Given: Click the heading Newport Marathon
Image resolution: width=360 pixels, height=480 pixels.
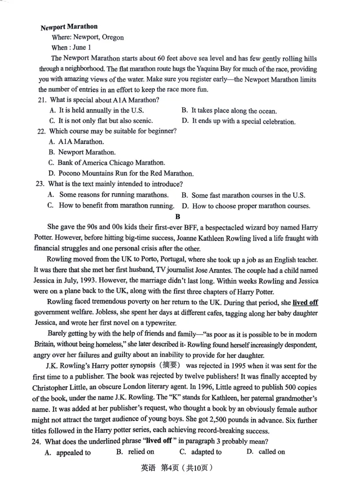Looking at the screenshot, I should click(69, 27).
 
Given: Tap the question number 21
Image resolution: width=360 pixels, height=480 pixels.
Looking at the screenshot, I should click(42, 99).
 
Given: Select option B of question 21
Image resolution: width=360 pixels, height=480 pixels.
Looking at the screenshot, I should click(229, 111).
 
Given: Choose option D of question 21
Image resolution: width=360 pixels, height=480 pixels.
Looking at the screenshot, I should click(238, 121).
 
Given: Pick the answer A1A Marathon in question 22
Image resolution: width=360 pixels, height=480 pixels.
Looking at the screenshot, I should click(74, 142).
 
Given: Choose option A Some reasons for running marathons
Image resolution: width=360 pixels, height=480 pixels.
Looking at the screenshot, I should click(108, 195).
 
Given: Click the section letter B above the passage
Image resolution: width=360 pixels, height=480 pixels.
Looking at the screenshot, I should click(178, 216).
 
